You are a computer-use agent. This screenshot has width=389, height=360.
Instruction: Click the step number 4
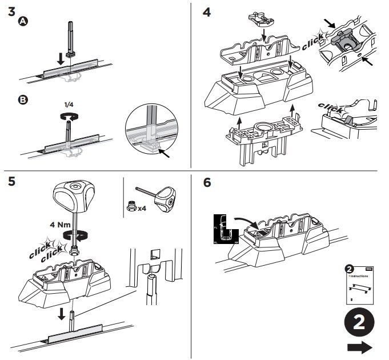tap(207, 11)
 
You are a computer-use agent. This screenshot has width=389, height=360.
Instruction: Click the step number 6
tap(207, 182)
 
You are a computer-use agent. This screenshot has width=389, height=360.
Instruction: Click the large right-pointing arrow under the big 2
tap(359, 347)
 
